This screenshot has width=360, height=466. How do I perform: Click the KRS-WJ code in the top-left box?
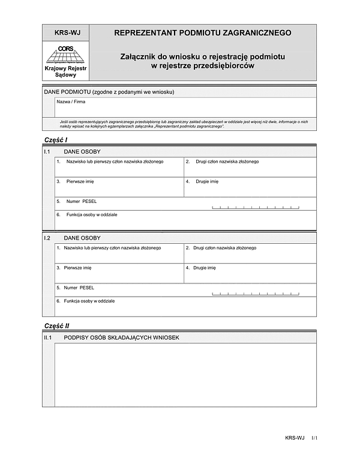click(66, 34)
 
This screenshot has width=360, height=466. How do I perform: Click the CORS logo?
click(66, 55)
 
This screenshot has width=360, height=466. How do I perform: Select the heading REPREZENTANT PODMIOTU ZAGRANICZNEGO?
click(203, 33)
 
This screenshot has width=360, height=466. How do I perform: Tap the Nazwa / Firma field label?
click(71, 102)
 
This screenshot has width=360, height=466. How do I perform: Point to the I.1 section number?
click(48, 152)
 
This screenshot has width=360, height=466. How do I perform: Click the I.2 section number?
click(48, 238)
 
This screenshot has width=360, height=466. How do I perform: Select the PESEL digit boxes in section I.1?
click(256, 208)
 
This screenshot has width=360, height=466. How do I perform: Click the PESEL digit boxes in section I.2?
click(256, 294)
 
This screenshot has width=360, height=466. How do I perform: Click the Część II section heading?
click(57, 325)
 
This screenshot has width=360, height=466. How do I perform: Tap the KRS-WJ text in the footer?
click(295, 439)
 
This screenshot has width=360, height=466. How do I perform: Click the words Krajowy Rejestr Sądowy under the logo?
click(66, 72)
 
